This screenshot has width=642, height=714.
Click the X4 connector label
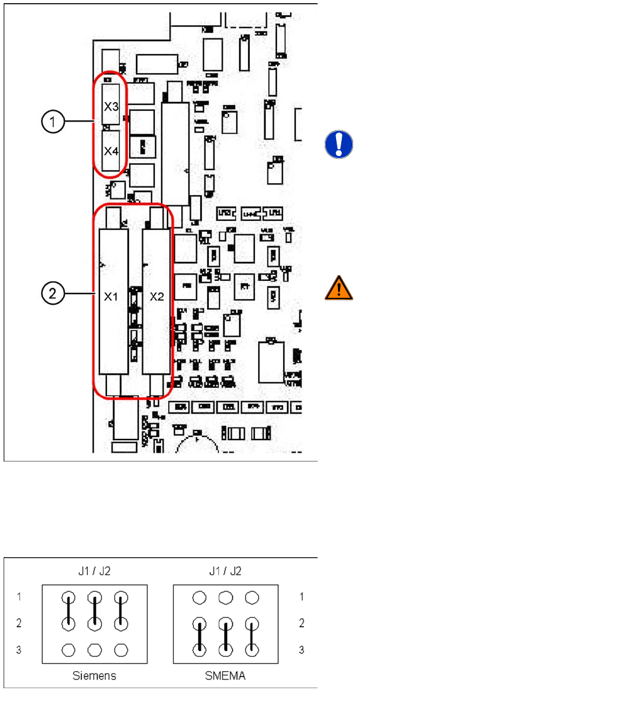click(111, 151)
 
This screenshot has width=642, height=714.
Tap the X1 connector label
click(111, 297)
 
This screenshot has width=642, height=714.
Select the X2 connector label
click(157, 297)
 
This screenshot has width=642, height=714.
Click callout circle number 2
click(53, 293)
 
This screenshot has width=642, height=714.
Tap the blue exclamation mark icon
click(339, 145)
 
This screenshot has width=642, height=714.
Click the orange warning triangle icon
click(339, 288)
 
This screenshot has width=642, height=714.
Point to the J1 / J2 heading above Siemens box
click(94, 572)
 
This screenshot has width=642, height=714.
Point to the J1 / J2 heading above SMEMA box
click(225, 572)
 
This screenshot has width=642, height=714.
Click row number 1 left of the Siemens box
click(19, 596)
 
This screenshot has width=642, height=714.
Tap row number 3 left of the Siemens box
click(19, 649)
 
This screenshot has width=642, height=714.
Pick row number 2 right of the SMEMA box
click(302, 623)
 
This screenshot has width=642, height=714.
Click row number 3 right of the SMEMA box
click(302, 649)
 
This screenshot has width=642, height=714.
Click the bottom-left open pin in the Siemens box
click(69, 649)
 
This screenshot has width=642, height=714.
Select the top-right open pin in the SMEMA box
click(252, 597)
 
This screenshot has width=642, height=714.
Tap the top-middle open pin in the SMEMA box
click(226, 597)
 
